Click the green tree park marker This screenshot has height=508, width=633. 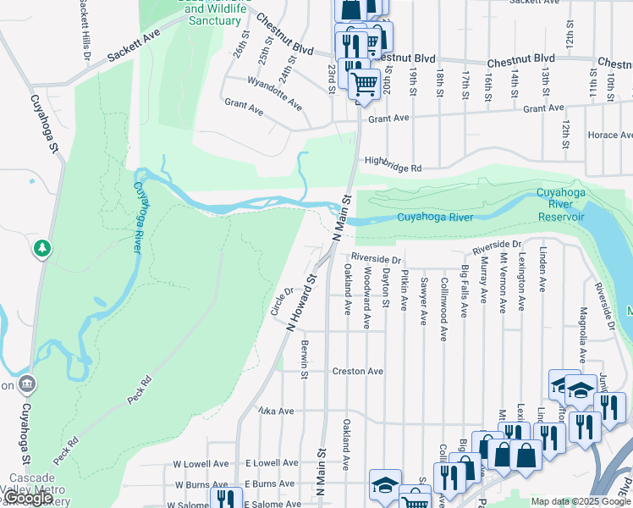point(41,248)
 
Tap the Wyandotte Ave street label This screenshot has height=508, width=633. point(274,93)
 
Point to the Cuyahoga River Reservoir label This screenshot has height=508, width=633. point(560,205)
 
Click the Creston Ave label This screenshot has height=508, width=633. point(357,371)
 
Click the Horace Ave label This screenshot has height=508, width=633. point(610,135)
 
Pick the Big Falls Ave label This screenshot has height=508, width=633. point(464,290)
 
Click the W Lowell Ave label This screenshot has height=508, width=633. point(201,464)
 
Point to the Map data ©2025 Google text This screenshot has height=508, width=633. point(581,501)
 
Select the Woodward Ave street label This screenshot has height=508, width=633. point(366,298)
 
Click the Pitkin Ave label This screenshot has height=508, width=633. point(405,290)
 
